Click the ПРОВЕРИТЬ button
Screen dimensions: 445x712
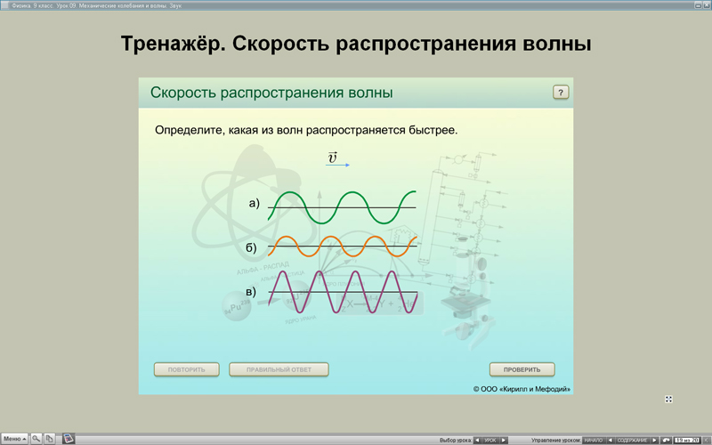[522, 369]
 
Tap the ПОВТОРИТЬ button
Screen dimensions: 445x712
[187, 369]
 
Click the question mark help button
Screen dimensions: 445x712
[561, 93]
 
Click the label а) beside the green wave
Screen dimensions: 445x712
[254, 204]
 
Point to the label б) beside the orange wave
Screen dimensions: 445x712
[251, 247]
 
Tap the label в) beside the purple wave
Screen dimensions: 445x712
[251, 292]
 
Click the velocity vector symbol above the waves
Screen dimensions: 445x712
[335, 158]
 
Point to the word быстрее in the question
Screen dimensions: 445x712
[429, 130]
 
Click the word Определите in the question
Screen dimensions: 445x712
[190, 130]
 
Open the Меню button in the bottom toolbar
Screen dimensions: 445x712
[14, 439]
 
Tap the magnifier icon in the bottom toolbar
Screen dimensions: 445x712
[36, 439]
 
